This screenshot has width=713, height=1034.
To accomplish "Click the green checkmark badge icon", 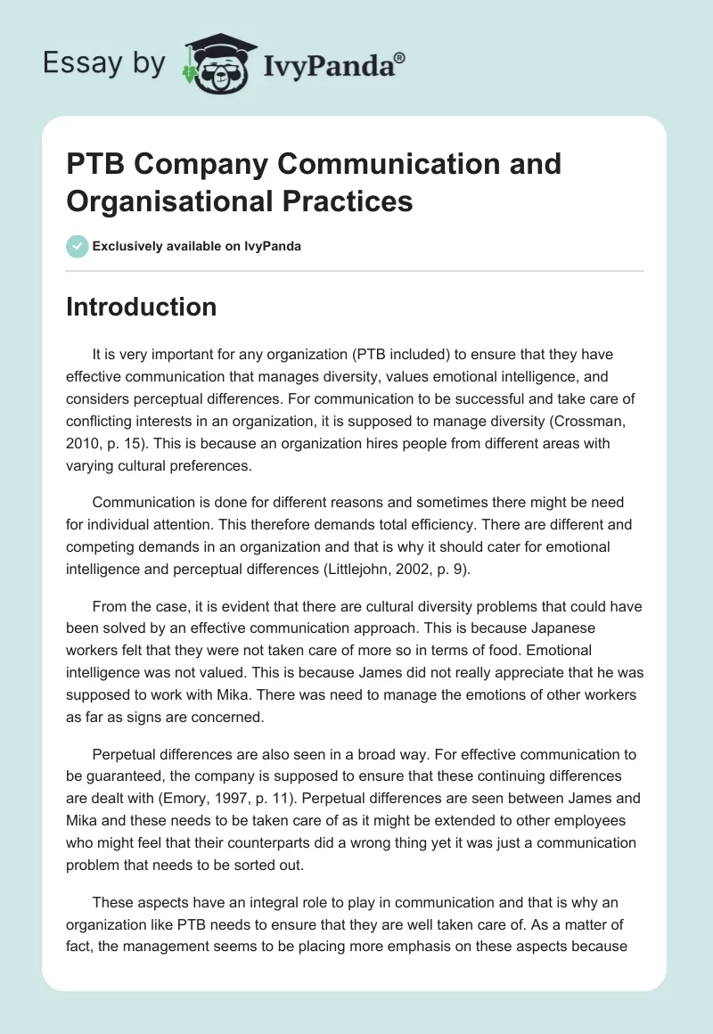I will tap(77, 246).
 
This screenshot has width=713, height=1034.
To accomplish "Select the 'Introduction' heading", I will tap(142, 307).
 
